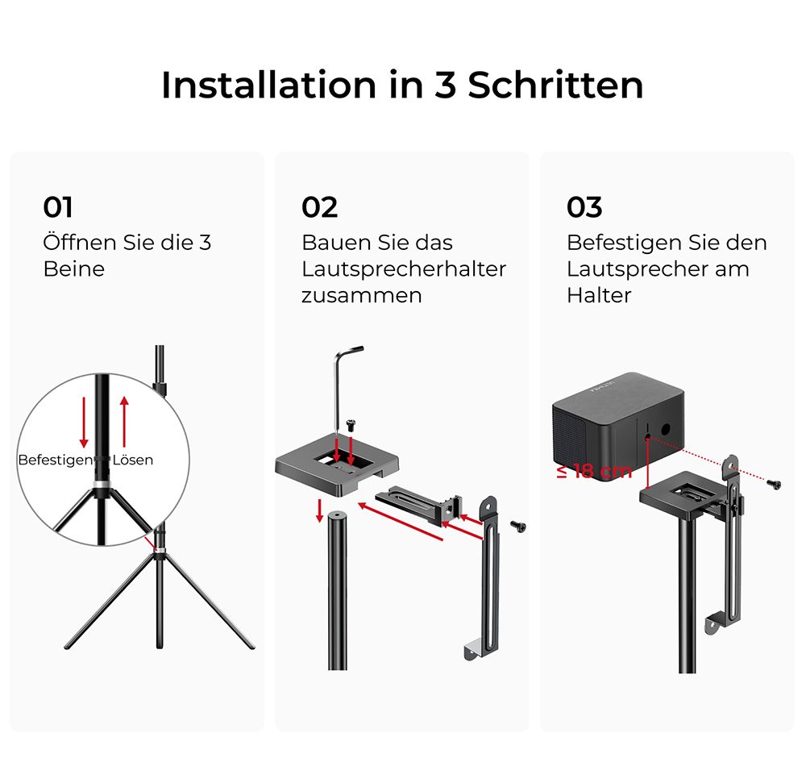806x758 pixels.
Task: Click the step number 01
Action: tap(57, 207)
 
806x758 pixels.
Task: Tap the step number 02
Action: tap(319, 207)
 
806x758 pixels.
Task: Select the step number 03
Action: tap(584, 207)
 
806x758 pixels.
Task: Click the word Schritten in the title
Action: tap(555, 85)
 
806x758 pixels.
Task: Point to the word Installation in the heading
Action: tap(269, 85)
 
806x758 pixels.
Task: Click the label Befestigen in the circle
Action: tap(56, 460)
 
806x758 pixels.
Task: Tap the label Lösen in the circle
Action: tap(133, 460)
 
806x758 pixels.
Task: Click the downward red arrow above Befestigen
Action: tap(84, 423)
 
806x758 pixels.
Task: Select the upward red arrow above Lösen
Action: tap(124, 422)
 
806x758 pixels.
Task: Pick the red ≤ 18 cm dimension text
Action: tap(594, 471)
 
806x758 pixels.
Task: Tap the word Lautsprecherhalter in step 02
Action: tap(404, 269)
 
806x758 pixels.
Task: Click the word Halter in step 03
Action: tap(599, 295)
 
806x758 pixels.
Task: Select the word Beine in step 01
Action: tap(74, 269)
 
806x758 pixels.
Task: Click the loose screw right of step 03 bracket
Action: tap(774, 484)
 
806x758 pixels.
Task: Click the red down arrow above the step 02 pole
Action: tap(320, 510)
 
